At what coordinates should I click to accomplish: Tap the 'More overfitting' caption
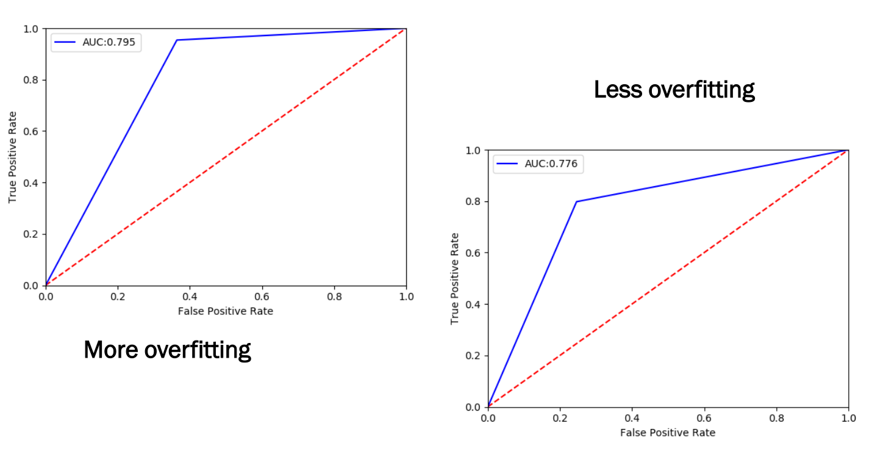(167, 350)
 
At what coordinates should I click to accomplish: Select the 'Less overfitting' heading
(674, 90)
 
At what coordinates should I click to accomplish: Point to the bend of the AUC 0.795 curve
(177, 40)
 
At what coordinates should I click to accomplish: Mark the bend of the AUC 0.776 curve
(576, 201)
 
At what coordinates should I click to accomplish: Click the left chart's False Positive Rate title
(226, 311)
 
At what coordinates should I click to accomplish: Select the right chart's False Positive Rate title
(668, 433)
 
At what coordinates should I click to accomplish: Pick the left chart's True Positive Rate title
(13, 157)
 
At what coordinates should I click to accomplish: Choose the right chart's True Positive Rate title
(455, 278)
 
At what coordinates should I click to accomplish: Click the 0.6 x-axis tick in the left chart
(262, 297)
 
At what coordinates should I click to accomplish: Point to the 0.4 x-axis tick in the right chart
(632, 418)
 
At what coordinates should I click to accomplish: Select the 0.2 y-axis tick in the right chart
(474, 356)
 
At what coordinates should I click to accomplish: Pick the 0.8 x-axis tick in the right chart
(776, 418)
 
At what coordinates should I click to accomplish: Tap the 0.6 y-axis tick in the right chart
(474, 253)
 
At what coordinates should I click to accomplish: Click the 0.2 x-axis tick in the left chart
(118, 297)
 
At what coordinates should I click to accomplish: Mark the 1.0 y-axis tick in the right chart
(474, 150)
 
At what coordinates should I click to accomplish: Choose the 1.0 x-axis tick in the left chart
(406, 297)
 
